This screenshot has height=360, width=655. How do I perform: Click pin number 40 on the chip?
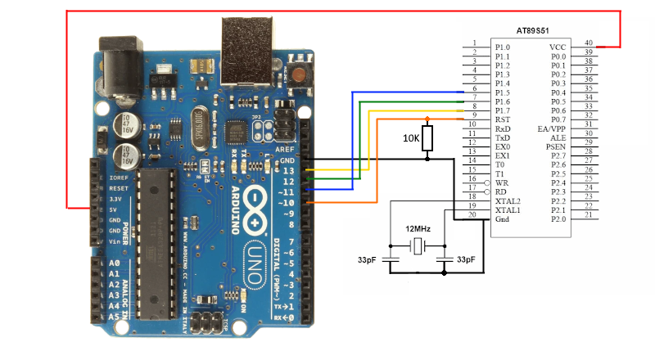(x=588, y=43)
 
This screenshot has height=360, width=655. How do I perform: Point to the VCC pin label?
(x=557, y=47)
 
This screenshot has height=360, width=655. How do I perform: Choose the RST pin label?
(x=503, y=119)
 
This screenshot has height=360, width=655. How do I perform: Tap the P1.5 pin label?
(x=504, y=92)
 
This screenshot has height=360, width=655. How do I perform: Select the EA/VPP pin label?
(x=553, y=128)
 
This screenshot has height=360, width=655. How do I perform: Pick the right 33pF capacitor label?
(x=466, y=259)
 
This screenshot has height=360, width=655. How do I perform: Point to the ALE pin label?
(x=558, y=137)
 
